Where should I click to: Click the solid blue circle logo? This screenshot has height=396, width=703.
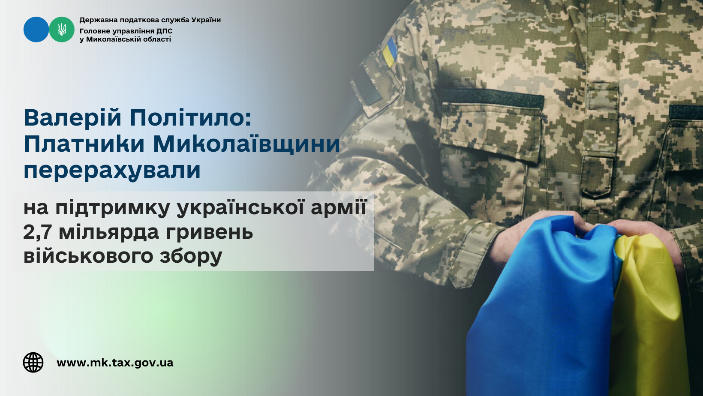[36, 30]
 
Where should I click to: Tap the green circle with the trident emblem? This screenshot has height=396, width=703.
[62, 30]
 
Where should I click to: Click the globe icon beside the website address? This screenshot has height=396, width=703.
[33, 363]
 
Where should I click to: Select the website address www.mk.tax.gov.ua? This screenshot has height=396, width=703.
[115, 363]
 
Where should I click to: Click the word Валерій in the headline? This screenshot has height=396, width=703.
[72, 118]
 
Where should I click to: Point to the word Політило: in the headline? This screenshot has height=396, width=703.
[191, 118]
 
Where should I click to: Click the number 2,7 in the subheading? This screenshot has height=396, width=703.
[38, 233]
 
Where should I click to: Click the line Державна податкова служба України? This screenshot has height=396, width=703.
[150, 20]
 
